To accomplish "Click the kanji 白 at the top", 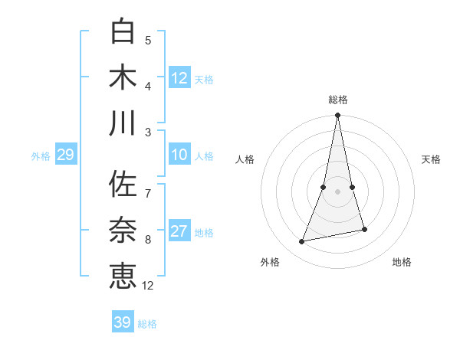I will tap(123, 31).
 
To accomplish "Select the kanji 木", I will tap(123, 77).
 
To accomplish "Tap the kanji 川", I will tap(123, 123).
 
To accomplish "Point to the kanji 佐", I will tap(123, 185).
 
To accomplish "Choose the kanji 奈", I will tap(123, 231).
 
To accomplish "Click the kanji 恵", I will tap(123, 277).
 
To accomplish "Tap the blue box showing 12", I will tap(179, 78).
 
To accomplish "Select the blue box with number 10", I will tap(179, 155).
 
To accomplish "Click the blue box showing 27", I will tap(179, 231).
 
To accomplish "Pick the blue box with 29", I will tap(65, 155).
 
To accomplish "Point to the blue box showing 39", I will tap(123, 322).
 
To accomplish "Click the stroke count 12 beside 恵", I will tap(148, 286).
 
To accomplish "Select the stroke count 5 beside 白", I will tap(148, 40).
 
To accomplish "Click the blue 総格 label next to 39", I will tap(148, 324).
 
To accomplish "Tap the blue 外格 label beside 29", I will tap(41, 156).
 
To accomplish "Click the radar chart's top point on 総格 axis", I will tap(337, 116).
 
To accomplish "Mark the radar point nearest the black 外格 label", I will tap(302, 242).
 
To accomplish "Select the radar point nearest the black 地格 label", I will tap(364, 229).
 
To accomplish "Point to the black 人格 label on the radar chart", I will tap(245, 159).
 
